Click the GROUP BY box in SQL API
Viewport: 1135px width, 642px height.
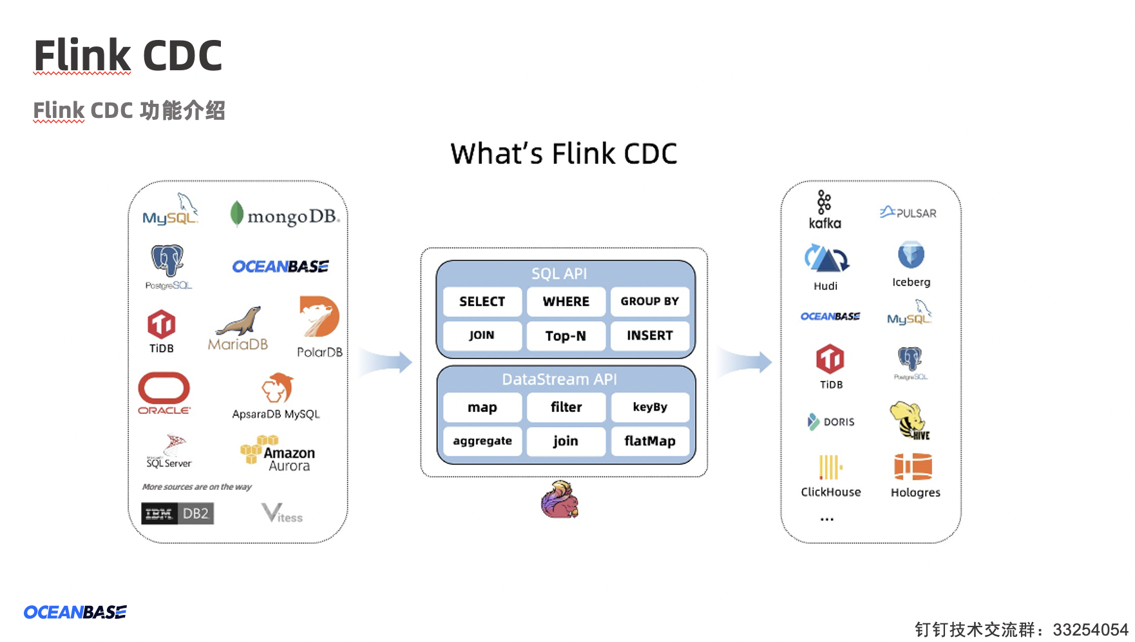click(649, 301)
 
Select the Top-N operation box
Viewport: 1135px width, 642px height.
click(566, 336)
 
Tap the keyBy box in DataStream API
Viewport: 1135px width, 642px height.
click(649, 407)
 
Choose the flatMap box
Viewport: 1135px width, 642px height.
click(649, 441)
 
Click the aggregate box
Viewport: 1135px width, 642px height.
click(482, 441)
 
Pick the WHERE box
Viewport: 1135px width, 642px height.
click(566, 301)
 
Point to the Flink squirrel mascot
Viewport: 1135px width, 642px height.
click(559, 500)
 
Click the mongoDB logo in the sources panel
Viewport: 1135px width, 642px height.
click(284, 215)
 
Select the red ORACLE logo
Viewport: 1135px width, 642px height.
click(164, 392)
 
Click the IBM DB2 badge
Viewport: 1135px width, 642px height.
click(177, 514)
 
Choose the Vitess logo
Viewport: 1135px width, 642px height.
click(281, 514)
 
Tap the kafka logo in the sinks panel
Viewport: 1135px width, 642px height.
click(825, 209)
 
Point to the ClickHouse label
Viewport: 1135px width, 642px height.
click(830, 492)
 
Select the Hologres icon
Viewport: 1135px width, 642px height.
click(913, 467)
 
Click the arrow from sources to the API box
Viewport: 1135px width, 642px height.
click(385, 362)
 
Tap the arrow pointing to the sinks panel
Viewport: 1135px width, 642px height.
click(745, 362)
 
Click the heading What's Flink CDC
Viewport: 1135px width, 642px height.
click(564, 154)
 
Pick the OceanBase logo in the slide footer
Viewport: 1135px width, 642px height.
click(75, 612)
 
